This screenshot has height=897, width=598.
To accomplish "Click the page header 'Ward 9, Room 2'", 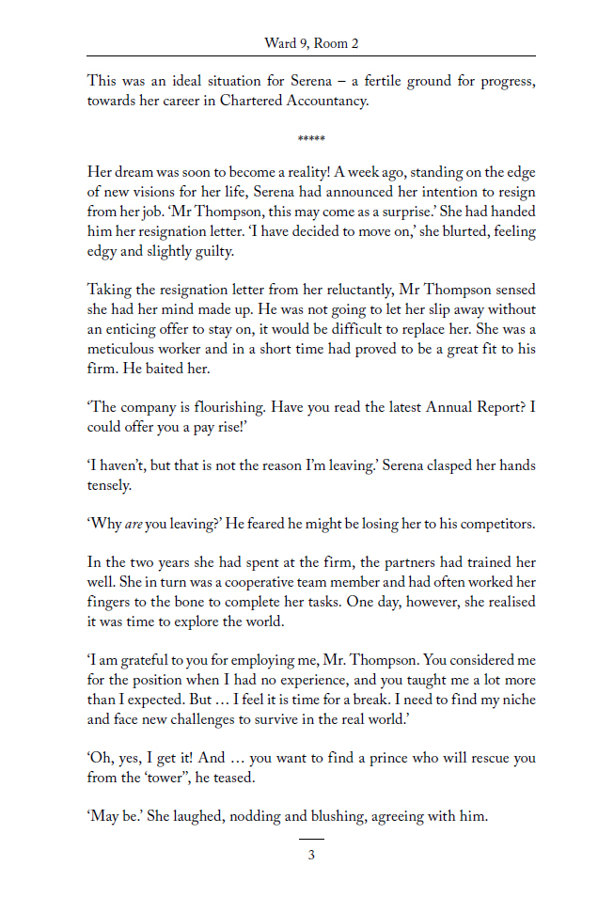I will [311, 43].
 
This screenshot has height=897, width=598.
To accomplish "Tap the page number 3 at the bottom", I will [311, 855].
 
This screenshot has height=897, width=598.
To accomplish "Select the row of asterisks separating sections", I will [311, 140].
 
